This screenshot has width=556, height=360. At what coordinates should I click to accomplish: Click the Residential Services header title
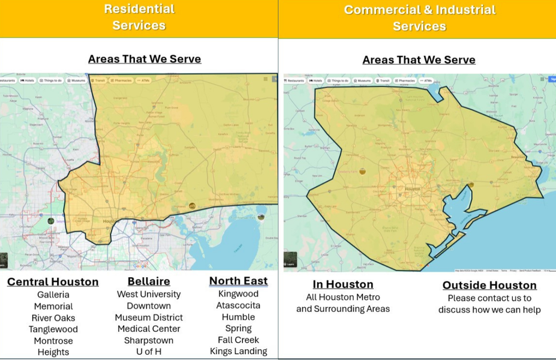coord(139,17)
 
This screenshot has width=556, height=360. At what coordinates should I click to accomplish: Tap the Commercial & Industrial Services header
coord(419,17)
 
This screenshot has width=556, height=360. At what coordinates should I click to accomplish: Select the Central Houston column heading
coord(53,281)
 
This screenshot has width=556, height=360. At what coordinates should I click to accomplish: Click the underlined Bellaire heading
coord(149,281)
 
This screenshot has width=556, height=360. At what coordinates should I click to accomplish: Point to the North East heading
coord(238,281)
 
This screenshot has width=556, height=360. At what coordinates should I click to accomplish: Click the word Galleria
coord(53,295)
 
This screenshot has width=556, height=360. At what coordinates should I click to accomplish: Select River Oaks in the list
coord(53,317)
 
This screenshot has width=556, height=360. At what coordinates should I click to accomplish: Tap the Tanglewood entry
coord(53,329)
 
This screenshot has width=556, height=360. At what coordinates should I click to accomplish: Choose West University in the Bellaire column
coord(149,294)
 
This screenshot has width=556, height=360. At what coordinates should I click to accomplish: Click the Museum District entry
coord(149,317)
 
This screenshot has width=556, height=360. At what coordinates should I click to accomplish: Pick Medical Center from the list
coord(149,329)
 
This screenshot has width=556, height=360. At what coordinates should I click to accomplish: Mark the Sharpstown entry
coord(149,340)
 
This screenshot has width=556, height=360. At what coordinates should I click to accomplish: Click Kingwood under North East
coord(238,294)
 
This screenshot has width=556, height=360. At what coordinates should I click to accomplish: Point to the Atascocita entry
coord(238,305)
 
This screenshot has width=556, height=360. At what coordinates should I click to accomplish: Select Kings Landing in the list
coord(238,352)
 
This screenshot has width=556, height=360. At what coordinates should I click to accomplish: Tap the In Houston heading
coord(342,284)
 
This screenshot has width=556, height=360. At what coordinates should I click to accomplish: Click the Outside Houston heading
coord(489,285)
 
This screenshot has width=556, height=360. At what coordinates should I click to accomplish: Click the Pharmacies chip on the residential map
coord(122,80)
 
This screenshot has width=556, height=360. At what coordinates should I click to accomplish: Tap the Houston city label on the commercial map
coord(413,189)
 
